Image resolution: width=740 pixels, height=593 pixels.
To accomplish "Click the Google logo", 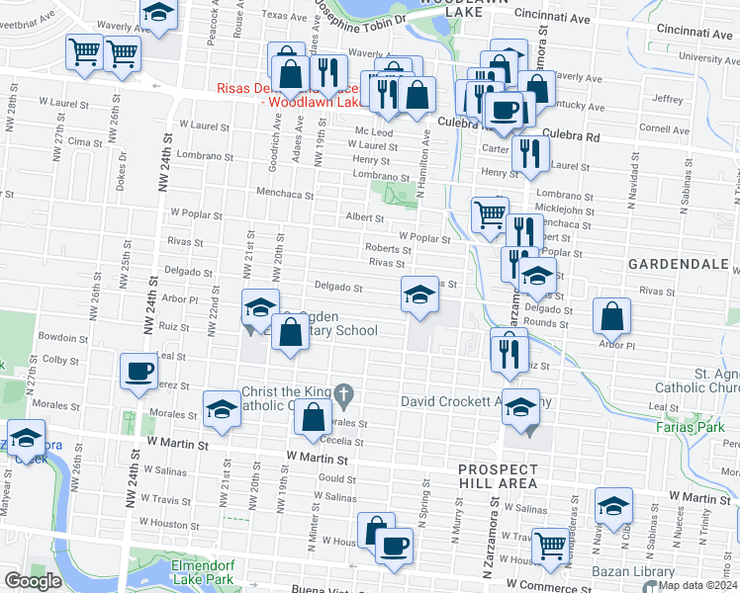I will click(x=33, y=581).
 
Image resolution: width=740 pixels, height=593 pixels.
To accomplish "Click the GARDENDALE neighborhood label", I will click(x=680, y=266).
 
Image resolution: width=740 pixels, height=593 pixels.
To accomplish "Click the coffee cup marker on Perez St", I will click(x=139, y=372).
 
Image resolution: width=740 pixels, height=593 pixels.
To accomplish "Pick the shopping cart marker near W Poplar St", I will click(x=490, y=214).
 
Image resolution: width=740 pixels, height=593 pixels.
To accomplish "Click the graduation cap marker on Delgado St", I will click(x=419, y=294).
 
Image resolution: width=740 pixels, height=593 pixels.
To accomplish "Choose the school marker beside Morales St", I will click(x=222, y=409).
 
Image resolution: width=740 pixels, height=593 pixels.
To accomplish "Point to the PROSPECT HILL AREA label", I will click(x=499, y=476).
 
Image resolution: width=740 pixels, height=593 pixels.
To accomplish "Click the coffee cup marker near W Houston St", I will click(x=394, y=544).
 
